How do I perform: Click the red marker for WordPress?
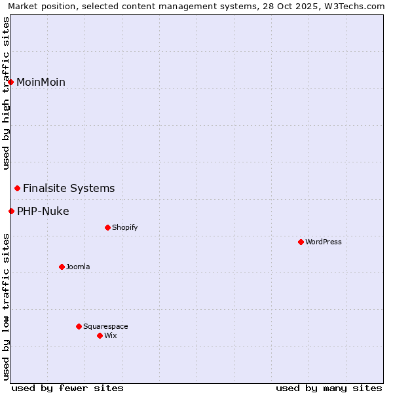[301, 242]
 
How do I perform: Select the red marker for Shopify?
[107, 227]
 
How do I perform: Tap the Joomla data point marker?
[62, 267]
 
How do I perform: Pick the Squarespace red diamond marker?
[79, 326]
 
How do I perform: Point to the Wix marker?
[100, 335]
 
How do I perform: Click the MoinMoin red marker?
[11, 82]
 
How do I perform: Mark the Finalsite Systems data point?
[18, 188]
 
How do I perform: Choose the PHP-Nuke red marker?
[11, 211]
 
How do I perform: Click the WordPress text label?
[324, 242]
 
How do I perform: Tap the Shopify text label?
[124, 227]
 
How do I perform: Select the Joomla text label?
[78, 267]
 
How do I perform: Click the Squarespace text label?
[105, 326]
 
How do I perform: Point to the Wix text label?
[110, 335]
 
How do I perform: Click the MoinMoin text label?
[41, 82]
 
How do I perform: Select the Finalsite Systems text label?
[69, 188]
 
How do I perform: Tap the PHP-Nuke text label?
[43, 211]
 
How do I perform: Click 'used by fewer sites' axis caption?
[67, 388]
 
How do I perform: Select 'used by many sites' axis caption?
[329, 388]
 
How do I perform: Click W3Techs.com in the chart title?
[354, 7]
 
